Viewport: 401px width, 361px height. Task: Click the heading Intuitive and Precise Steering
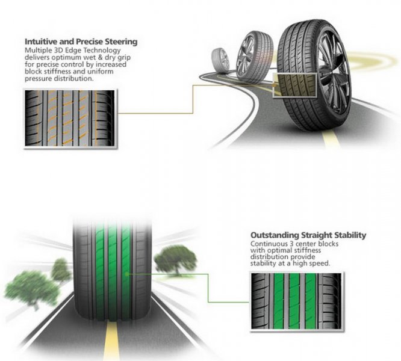click(81, 42)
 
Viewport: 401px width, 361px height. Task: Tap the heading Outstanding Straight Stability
click(308, 235)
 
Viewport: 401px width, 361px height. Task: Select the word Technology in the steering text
click(107, 50)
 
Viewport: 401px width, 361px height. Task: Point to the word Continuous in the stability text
click(268, 244)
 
